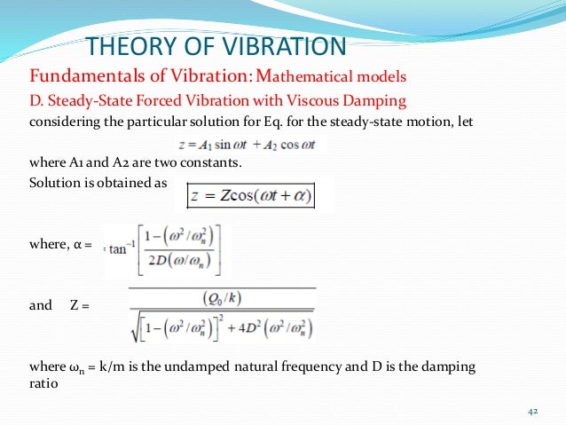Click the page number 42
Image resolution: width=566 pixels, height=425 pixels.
coord(533,412)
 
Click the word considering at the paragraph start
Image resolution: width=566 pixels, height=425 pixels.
coord(65,122)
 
